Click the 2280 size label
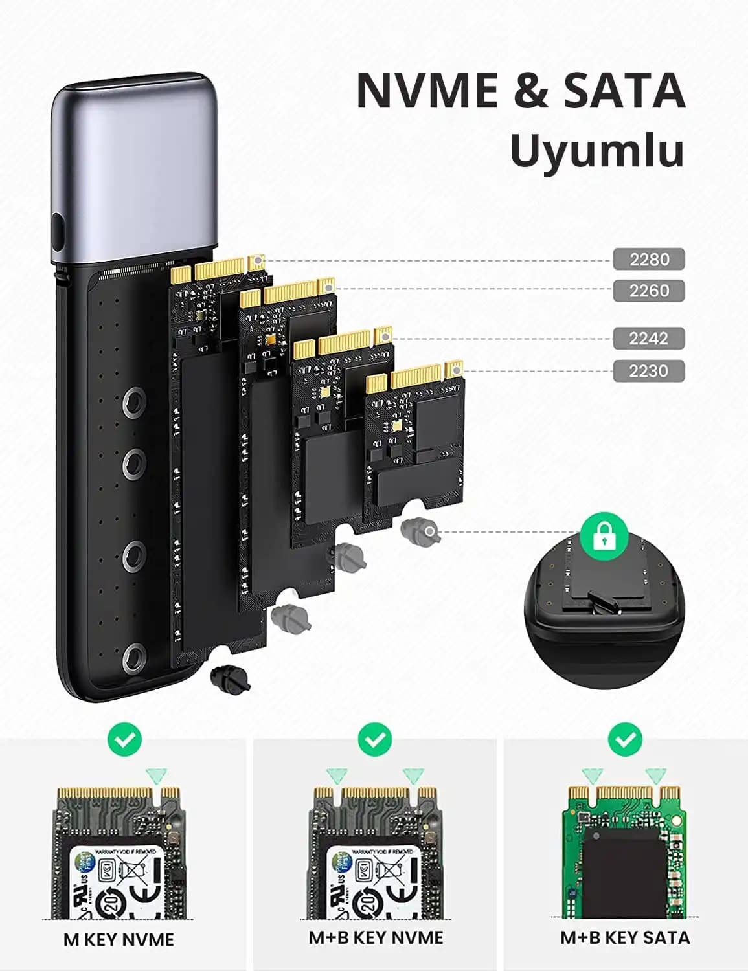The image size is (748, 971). [x=649, y=260]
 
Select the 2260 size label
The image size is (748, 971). [x=649, y=291]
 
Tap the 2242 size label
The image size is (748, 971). [x=649, y=338]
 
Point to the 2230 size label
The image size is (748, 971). [x=649, y=371]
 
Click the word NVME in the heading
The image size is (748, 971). [x=427, y=91]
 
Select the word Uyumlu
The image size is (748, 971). [x=596, y=151]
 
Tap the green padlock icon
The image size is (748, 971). [x=604, y=535]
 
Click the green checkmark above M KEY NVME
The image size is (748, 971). [x=124, y=739]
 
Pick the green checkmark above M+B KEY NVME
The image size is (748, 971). [x=374, y=739]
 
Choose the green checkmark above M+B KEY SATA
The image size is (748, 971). [x=625, y=739]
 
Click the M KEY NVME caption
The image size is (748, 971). [x=119, y=939]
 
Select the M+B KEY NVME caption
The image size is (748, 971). [x=376, y=937]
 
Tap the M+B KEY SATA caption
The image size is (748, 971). [x=625, y=937]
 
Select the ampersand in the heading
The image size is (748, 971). [x=530, y=91]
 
